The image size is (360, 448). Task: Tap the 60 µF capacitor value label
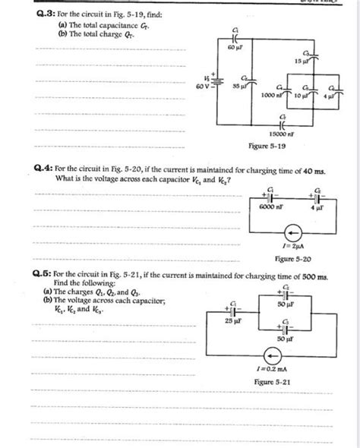(235, 47)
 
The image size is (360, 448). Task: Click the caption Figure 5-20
(292, 260)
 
